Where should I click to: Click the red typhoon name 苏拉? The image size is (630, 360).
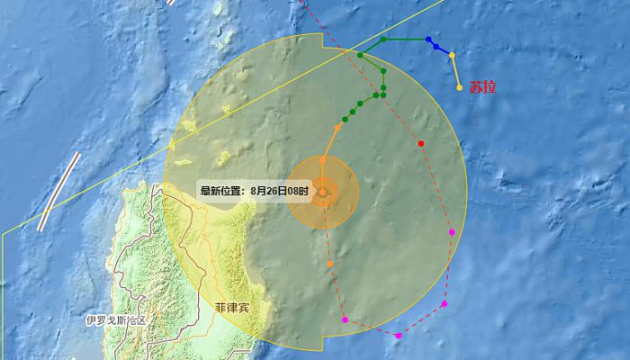(482, 88)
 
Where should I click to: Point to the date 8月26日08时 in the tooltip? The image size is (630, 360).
(280, 191)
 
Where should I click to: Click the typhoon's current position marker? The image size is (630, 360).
(322, 192)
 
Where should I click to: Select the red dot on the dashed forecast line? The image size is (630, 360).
(421, 143)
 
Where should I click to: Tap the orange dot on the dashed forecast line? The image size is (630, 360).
(330, 264)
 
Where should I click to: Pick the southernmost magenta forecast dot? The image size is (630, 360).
(399, 336)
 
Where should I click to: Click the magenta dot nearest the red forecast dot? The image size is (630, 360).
(452, 232)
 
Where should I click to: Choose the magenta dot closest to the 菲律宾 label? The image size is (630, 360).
(345, 319)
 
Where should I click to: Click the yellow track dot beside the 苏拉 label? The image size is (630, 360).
(460, 87)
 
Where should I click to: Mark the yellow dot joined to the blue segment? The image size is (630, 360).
(452, 56)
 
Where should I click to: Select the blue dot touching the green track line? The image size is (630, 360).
(427, 40)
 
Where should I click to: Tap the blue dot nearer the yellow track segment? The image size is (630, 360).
(436, 46)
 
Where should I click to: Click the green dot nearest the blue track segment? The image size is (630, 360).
(383, 40)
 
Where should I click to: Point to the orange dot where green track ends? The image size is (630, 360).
(337, 128)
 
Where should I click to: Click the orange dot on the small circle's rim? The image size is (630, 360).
(322, 159)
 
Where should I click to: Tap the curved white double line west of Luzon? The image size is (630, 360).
(59, 190)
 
